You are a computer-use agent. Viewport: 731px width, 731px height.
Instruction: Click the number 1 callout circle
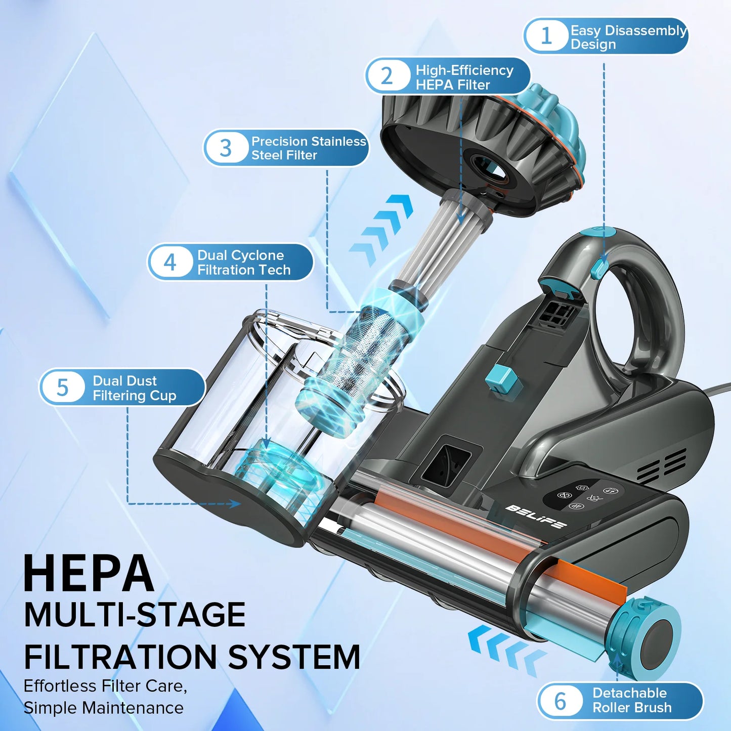pyautogui.click(x=546, y=36)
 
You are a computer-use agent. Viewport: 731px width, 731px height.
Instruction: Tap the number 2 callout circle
pyautogui.click(x=387, y=76)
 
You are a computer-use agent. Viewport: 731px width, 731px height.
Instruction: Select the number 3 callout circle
pyautogui.click(x=226, y=148)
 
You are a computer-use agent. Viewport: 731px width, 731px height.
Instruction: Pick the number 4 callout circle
pyautogui.click(x=170, y=262)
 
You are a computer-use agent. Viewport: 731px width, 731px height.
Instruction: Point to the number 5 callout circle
pyautogui.click(x=62, y=388)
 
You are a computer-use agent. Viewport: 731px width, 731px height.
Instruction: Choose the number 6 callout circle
pyautogui.click(x=561, y=701)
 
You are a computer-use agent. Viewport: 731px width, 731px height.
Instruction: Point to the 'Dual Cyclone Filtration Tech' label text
pyautogui.click(x=243, y=263)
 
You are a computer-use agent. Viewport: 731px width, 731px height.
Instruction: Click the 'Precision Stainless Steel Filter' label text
pyautogui.click(x=308, y=148)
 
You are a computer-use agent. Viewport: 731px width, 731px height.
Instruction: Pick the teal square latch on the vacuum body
pyautogui.click(x=498, y=379)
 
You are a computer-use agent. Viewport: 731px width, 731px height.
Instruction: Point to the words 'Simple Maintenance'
pyautogui.click(x=104, y=708)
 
